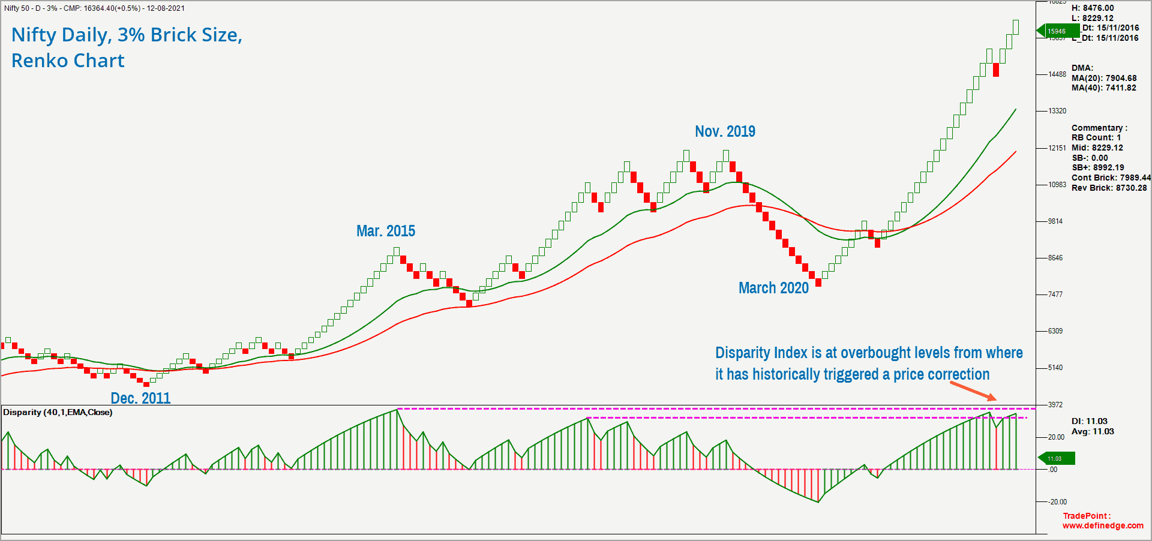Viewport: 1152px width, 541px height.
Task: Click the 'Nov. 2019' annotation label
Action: (x=725, y=131)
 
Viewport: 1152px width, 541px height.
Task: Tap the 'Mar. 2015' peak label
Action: (x=386, y=231)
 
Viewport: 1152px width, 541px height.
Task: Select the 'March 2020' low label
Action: (x=773, y=288)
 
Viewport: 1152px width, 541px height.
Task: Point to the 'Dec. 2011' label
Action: (x=140, y=398)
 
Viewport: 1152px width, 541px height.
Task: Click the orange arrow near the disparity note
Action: (x=973, y=391)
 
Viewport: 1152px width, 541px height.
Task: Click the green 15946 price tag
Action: (x=1057, y=31)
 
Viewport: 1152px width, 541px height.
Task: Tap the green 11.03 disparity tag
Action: (x=1056, y=459)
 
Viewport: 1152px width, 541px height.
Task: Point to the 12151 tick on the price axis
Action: (x=1057, y=148)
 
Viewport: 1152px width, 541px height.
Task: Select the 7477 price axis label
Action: (x=1055, y=294)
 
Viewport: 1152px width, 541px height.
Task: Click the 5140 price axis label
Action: (x=1055, y=368)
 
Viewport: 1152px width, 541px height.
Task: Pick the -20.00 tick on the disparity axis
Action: (x=1058, y=502)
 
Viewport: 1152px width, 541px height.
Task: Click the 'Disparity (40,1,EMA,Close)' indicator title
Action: (x=58, y=413)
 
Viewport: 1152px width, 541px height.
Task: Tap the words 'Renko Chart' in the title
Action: (x=68, y=61)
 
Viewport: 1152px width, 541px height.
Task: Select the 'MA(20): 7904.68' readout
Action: (x=1104, y=78)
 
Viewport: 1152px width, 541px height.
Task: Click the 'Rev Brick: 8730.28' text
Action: (x=1109, y=188)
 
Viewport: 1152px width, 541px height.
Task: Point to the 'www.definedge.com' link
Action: (x=1103, y=525)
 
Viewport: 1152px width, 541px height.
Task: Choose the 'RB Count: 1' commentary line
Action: (x=1096, y=137)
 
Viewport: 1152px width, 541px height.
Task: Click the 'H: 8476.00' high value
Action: (x=1092, y=8)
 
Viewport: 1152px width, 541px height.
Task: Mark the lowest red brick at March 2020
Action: (x=818, y=282)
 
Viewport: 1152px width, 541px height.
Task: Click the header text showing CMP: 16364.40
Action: (x=93, y=8)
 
